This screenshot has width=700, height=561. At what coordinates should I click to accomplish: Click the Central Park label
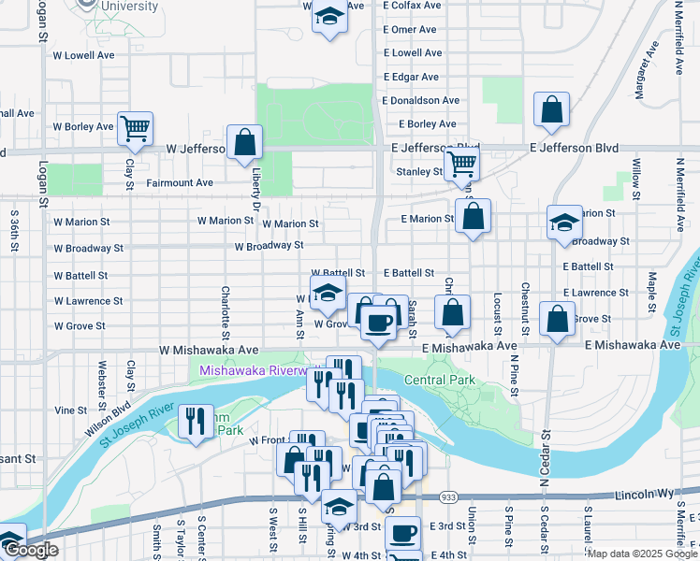click(439, 380)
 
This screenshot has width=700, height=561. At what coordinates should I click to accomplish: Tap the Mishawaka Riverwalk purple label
click(254, 371)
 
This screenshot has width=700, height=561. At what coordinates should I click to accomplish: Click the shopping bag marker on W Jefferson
click(244, 143)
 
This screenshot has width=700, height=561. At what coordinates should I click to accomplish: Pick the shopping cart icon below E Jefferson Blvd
click(461, 164)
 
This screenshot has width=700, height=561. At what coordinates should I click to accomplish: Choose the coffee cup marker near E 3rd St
click(403, 533)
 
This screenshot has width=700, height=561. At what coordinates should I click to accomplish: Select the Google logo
click(31, 551)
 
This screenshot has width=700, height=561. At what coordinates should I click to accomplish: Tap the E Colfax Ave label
click(413, 6)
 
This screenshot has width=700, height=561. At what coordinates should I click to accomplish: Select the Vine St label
click(70, 410)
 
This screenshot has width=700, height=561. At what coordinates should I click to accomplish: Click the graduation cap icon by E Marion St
click(564, 223)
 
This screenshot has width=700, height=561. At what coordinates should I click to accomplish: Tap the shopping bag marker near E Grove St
click(557, 319)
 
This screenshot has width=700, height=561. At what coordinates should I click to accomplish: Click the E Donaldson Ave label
click(421, 100)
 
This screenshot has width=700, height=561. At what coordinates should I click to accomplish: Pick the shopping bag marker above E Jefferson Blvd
click(552, 109)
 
